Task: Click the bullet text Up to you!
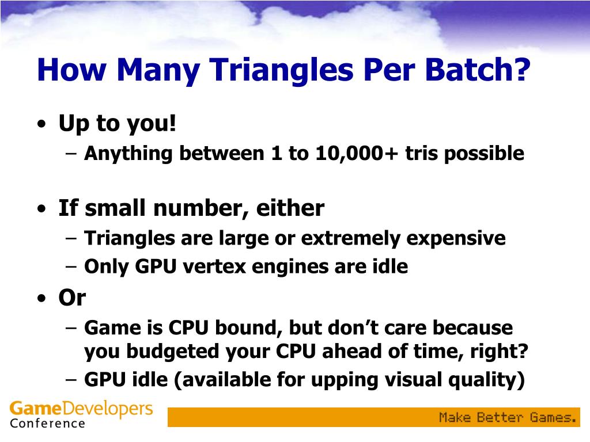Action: tap(117, 124)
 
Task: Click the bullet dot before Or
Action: tap(41, 299)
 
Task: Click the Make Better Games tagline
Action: tap(508, 417)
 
